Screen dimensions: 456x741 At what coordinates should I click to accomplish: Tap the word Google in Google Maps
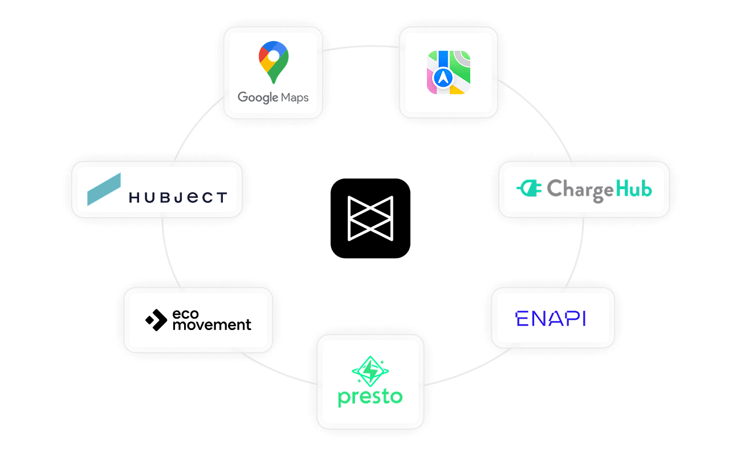258,97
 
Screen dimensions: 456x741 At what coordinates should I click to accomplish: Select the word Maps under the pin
294,97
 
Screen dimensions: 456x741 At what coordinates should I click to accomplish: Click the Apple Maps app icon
449,72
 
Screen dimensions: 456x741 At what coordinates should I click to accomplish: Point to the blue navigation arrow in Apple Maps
443,78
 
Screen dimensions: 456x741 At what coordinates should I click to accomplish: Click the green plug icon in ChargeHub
528,189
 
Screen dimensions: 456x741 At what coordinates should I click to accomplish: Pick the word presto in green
370,396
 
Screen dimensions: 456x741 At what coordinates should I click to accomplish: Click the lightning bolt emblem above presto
370,371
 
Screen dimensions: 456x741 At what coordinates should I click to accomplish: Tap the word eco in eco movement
185,315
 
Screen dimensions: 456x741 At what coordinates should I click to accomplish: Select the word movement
211,325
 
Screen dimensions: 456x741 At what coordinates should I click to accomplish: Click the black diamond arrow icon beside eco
156,320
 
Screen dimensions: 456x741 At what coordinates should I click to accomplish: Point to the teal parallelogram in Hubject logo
104,189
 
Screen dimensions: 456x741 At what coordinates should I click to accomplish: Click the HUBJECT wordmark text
178,198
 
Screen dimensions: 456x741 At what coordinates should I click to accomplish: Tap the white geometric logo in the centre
371,217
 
